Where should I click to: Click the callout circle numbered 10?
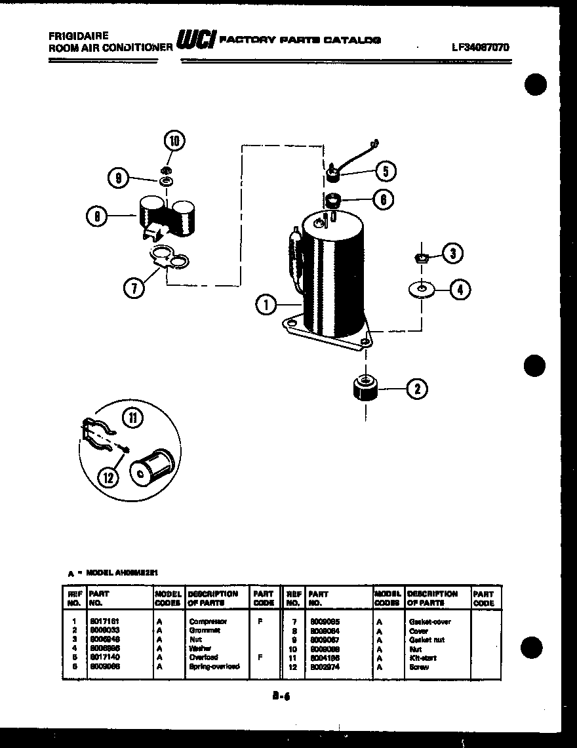coord(174,141)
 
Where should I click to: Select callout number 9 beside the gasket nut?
coord(119,177)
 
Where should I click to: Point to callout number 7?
coord(135,288)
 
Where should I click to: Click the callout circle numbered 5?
coord(386,172)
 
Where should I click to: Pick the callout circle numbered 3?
coord(452,254)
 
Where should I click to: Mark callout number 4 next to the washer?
coord(461,289)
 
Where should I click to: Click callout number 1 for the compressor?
coord(266,304)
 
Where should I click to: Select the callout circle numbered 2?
coord(417,389)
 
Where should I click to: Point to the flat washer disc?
coord(420,288)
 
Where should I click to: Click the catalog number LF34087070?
coord(480,47)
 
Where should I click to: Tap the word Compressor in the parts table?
coord(208,621)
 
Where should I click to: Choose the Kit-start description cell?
coord(422,658)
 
